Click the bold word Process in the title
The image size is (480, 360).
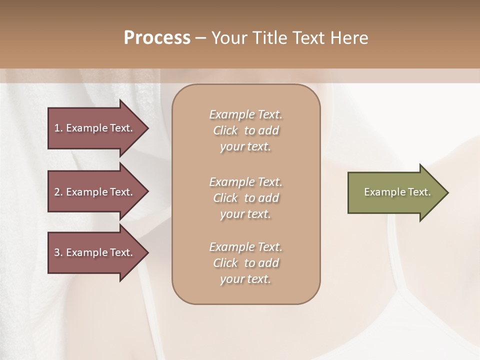(157, 38)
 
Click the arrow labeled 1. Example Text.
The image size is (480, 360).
(95, 128)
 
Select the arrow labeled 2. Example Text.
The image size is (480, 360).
(95, 192)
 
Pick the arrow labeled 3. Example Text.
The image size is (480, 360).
(95, 252)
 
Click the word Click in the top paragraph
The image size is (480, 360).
(225, 130)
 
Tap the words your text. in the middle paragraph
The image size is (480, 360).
(245, 214)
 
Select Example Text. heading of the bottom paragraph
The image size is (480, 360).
(245, 247)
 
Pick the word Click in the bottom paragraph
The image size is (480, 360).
(225, 263)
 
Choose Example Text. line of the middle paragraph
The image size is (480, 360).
(245, 181)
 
